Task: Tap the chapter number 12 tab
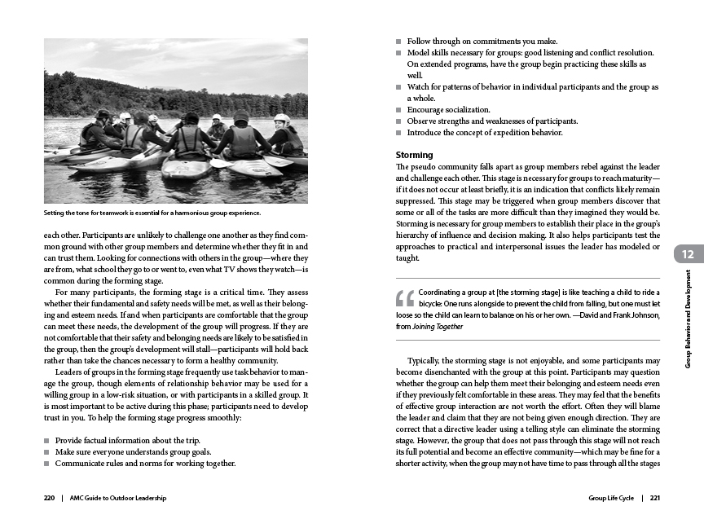click(x=688, y=255)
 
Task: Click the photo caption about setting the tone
click(x=152, y=214)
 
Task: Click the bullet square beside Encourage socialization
click(x=398, y=110)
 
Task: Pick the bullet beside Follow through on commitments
click(x=398, y=41)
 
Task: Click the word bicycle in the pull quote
click(x=434, y=302)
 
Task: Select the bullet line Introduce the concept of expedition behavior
click(x=485, y=133)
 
